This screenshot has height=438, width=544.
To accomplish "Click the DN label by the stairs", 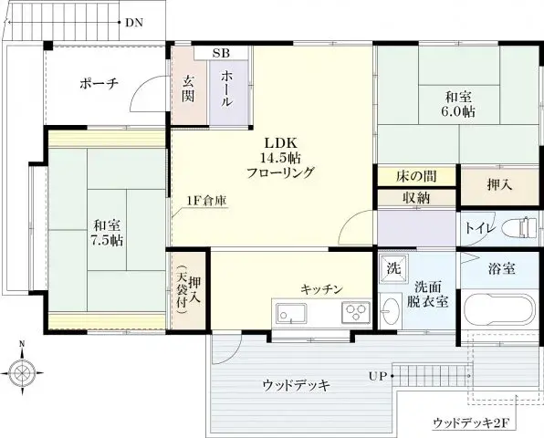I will (133, 22).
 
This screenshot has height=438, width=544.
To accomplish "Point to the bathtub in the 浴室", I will (497, 309).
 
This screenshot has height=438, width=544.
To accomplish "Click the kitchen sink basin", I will (293, 314).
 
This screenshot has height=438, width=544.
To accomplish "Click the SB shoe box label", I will (221, 53).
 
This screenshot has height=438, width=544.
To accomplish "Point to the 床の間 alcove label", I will (415, 175).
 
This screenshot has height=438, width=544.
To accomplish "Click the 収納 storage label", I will (415, 197).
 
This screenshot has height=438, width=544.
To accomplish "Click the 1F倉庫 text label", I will (207, 200).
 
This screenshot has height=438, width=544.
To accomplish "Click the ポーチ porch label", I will (99, 84).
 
